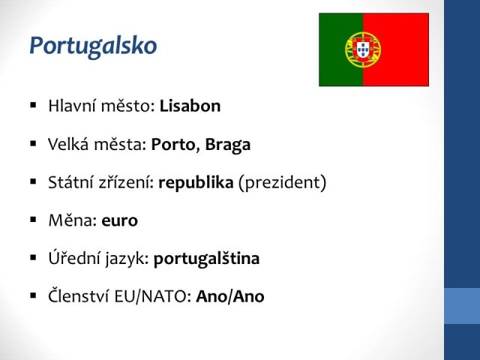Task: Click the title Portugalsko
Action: pyautogui.click(x=93, y=46)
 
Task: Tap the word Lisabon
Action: pyautogui.click(x=190, y=106)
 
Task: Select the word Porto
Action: pyautogui.click(x=173, y=144)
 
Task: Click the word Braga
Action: pyautogui.click(x=228, y=145)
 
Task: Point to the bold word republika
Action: pyautogui.click(x=196, y=183)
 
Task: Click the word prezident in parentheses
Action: pyautogui.click(x=282, y=183)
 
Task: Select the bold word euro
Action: pyautogui.click(x=120, y=220)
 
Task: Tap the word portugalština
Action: pyautogui.click(x=207, y=259)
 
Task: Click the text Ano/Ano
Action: pyautogui.click(x=230, y=296)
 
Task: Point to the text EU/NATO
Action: pyautogui.click(x=153, y=296)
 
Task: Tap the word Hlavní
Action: pyautogui.click(x=72, y=106)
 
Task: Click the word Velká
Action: pyautogui.click(x=67, y=144)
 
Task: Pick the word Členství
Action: pyautogui.click(x=79, y=295)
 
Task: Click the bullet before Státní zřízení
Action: pyautogui.click(x=33, y=181)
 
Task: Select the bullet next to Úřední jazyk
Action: pyautogui.click(x=33, y=258)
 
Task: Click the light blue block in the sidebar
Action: pyautogui.click(x=462, y=306)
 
